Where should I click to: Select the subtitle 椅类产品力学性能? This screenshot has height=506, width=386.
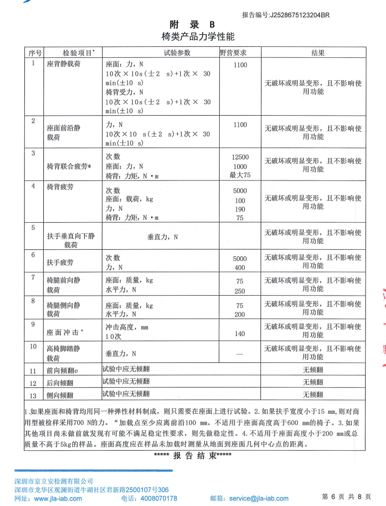click(198, 37)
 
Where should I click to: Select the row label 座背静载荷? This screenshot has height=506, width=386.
click(64, 65)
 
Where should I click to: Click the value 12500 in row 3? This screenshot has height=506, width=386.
click(240, 157)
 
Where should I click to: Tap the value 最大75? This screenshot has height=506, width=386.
click(240, 174)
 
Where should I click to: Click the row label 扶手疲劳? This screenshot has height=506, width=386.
click(60, 262)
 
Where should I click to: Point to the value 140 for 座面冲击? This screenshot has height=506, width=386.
click(240, 334)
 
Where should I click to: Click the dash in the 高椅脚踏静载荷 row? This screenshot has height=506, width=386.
click(240, 354)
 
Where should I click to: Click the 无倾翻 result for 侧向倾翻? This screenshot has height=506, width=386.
click(313, 395)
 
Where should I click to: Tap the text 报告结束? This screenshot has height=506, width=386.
click(192, 455)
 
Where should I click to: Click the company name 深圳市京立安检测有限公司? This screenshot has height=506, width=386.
click(54, 482)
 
